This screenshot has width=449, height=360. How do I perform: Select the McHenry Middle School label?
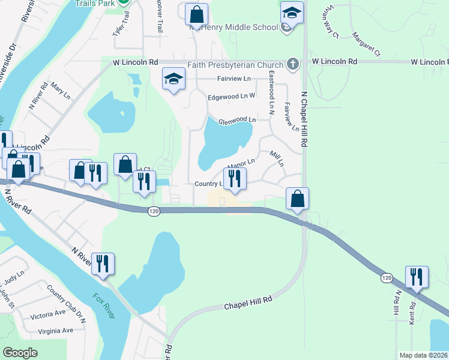234,27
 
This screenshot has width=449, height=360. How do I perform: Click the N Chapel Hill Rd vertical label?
305,120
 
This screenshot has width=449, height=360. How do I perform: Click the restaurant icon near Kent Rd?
416,277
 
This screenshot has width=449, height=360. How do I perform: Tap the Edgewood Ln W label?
231,96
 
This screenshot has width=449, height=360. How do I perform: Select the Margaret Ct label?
366,45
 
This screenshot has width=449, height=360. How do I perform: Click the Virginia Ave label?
55,330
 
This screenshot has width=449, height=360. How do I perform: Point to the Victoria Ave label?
47,314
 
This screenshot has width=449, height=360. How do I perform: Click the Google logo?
20,353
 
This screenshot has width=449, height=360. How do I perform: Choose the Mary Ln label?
61,92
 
